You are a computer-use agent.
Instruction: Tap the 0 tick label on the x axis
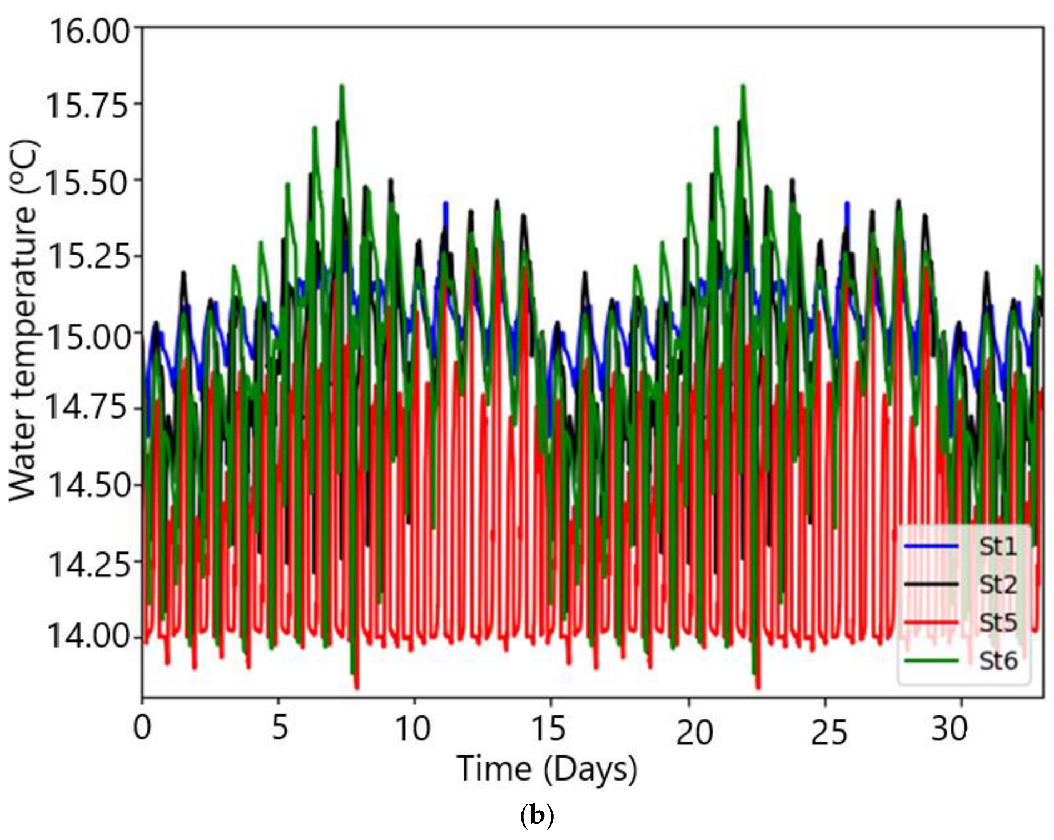[x=142, y=727]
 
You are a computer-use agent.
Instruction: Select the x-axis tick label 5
[x=280, y=727]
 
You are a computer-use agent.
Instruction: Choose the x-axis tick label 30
[x=949, y=728]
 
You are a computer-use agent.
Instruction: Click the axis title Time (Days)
[x=547, y=770]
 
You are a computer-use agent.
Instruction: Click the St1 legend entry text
[x=997, y=547]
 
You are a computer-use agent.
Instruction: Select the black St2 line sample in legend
[x=931, y=584]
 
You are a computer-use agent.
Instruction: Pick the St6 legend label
[x=997, y=660]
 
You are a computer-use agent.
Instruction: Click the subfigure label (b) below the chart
[x=537, y=816]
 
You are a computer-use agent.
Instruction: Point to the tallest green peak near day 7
[x=341, y=87]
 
